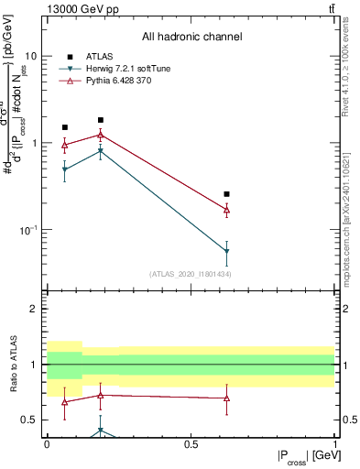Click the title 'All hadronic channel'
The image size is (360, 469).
[191, 38]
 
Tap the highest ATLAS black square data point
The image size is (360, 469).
[101, 120]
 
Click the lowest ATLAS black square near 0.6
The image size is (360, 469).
[226, 194]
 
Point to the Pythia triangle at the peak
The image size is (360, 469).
[101, 135]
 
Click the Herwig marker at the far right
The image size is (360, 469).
[226, 251]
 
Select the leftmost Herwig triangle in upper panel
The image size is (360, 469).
[64, 169]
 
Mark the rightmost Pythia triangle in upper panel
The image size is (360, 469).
[226, 210]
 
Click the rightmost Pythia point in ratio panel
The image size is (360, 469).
[226, 398]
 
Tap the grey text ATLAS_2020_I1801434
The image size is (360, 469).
[191, 274]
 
